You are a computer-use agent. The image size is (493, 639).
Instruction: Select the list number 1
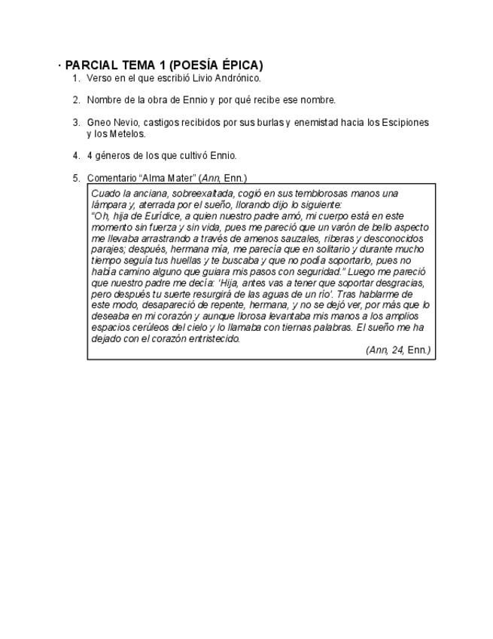tap(75, 78)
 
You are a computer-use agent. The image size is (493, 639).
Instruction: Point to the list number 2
tap(75, 100)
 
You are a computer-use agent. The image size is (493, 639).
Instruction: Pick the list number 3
tap(75, 123)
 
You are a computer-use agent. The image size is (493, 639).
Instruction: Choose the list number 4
tap(75, 156)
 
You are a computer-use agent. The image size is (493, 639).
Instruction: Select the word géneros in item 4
tap(111, 156)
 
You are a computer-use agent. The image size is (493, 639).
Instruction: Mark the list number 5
tap(75, 179)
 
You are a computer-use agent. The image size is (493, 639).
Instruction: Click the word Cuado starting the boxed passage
tap(104, 194)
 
